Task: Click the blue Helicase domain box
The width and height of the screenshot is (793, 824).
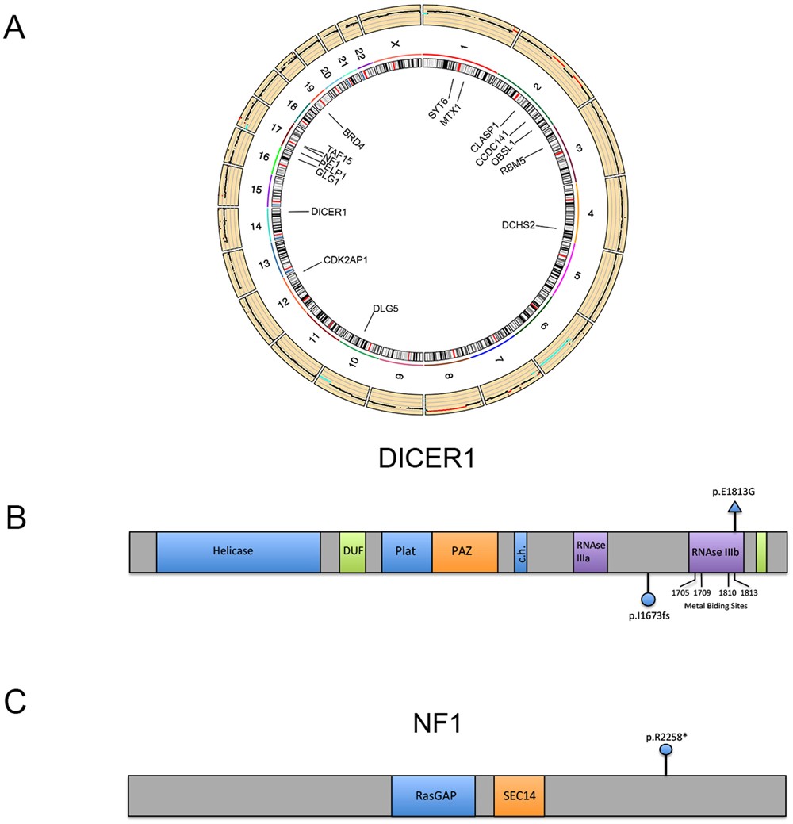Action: click(x=238, y=552)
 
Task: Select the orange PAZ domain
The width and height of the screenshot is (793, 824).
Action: click(x=465, y=552)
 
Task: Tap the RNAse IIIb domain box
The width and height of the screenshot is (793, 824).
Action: click(x=716, y=552)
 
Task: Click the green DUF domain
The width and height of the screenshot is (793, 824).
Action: click(x=352, y=552)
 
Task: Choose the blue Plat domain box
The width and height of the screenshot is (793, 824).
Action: click(x=406, y=552)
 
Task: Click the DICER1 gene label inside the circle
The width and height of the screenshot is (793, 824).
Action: click(x=329, y=212)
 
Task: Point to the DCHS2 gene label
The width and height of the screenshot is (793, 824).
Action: click(x=519, y=225)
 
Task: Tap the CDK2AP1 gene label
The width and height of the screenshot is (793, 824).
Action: click(x=347, y=260)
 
